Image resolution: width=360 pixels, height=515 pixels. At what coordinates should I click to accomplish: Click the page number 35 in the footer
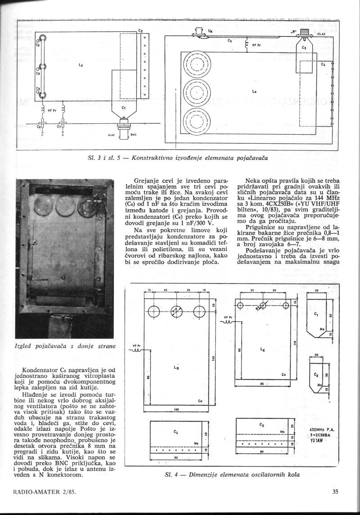[335, 492]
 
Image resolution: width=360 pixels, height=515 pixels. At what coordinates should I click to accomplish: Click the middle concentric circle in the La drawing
[196, 93]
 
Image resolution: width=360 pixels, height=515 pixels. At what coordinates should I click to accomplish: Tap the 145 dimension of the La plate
[214, 358]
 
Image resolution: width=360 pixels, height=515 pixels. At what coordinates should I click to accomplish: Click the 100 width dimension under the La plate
[176, 410]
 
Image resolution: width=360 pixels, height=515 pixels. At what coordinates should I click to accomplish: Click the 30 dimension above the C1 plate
[317, 290]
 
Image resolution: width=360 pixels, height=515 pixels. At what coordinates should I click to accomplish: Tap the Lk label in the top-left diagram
[81, 65]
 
